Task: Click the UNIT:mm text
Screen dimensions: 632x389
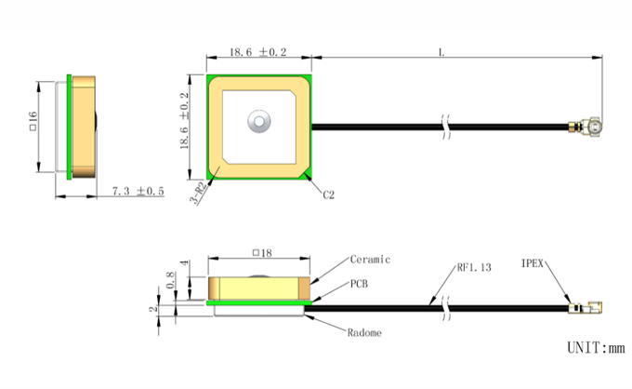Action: coord(596,347)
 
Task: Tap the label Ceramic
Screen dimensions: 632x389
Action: coord(370,260)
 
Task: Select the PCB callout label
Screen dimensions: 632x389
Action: coord(359,284)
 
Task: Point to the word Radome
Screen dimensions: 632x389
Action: coord(364,333)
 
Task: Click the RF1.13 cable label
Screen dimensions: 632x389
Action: coord(474,267)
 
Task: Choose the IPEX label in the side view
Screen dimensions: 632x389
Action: coord(532,263)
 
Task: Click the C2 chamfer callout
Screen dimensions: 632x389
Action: coord(328,194)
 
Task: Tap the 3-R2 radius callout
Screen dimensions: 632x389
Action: coord(198,193)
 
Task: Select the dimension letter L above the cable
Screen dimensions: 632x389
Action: coord(441,52)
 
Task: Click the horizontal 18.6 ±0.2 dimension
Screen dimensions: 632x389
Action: coord(258,52)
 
